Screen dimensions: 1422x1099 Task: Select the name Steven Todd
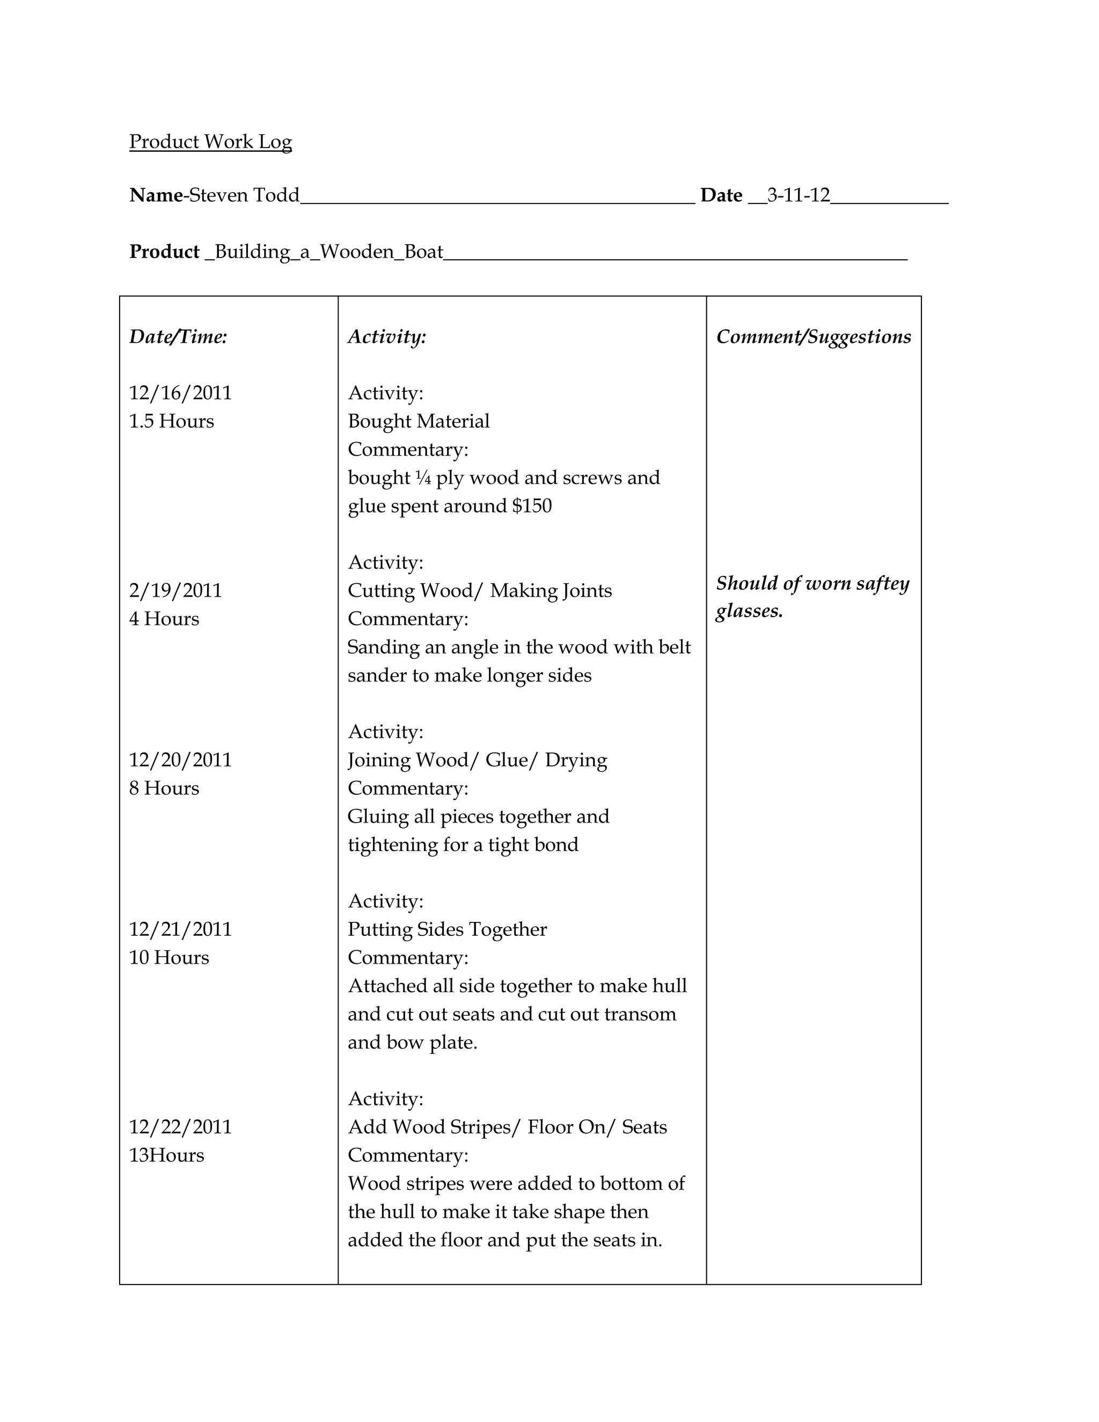[244, 195]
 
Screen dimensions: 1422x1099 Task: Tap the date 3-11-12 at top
[798, 195]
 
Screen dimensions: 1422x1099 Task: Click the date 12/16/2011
[180, 393]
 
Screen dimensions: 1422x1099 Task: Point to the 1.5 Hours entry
[171, 421]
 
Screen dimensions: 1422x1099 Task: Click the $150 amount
[532, 506]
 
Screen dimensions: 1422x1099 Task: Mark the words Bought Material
[419, 421]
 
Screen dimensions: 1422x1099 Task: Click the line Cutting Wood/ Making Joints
[480, 591]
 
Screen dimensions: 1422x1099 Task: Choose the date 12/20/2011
[180, 760]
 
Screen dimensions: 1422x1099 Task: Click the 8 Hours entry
[164, 788]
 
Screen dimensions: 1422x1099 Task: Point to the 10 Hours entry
[169, 958]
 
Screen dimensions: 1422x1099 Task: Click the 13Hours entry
[167, 1156]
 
